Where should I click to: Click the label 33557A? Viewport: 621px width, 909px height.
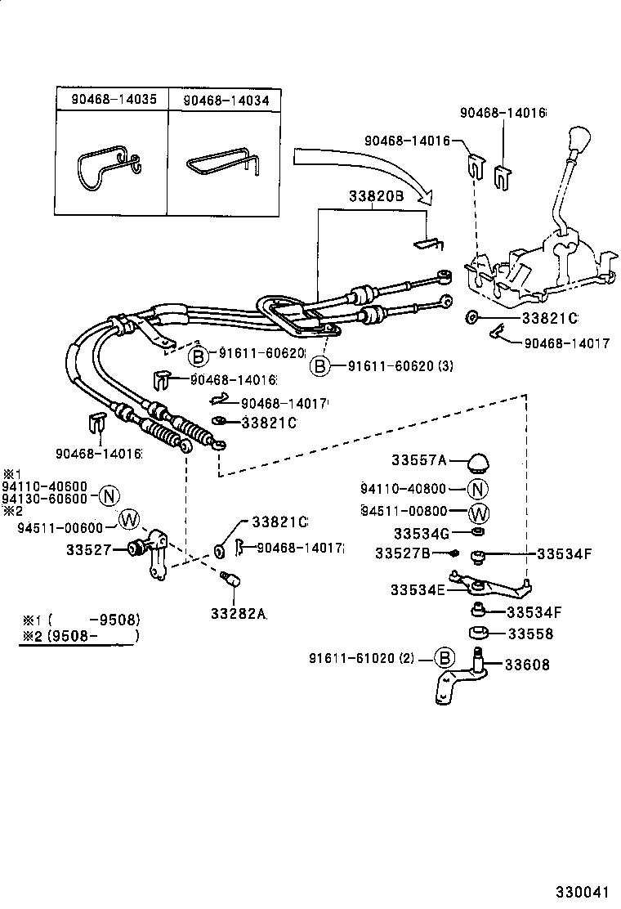click(418, 461)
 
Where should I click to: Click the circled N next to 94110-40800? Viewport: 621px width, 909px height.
click(478, 490)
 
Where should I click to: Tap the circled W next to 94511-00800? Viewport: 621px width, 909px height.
click(479, 513)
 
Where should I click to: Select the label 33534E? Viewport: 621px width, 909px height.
click(417, 589)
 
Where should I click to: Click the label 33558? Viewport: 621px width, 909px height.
click(530, 634)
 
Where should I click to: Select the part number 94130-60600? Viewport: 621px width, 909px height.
click(44, 499)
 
